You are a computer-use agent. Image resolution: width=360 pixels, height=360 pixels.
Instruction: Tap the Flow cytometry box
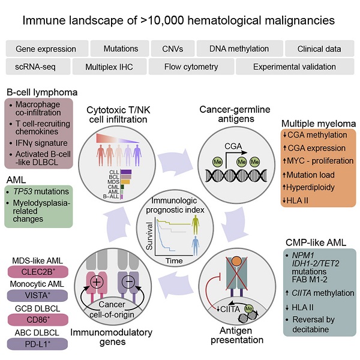[191, 66]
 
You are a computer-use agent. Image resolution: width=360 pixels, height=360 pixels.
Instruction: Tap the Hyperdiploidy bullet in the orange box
[313, 187]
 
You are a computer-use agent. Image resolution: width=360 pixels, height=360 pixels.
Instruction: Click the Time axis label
[174, 261]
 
